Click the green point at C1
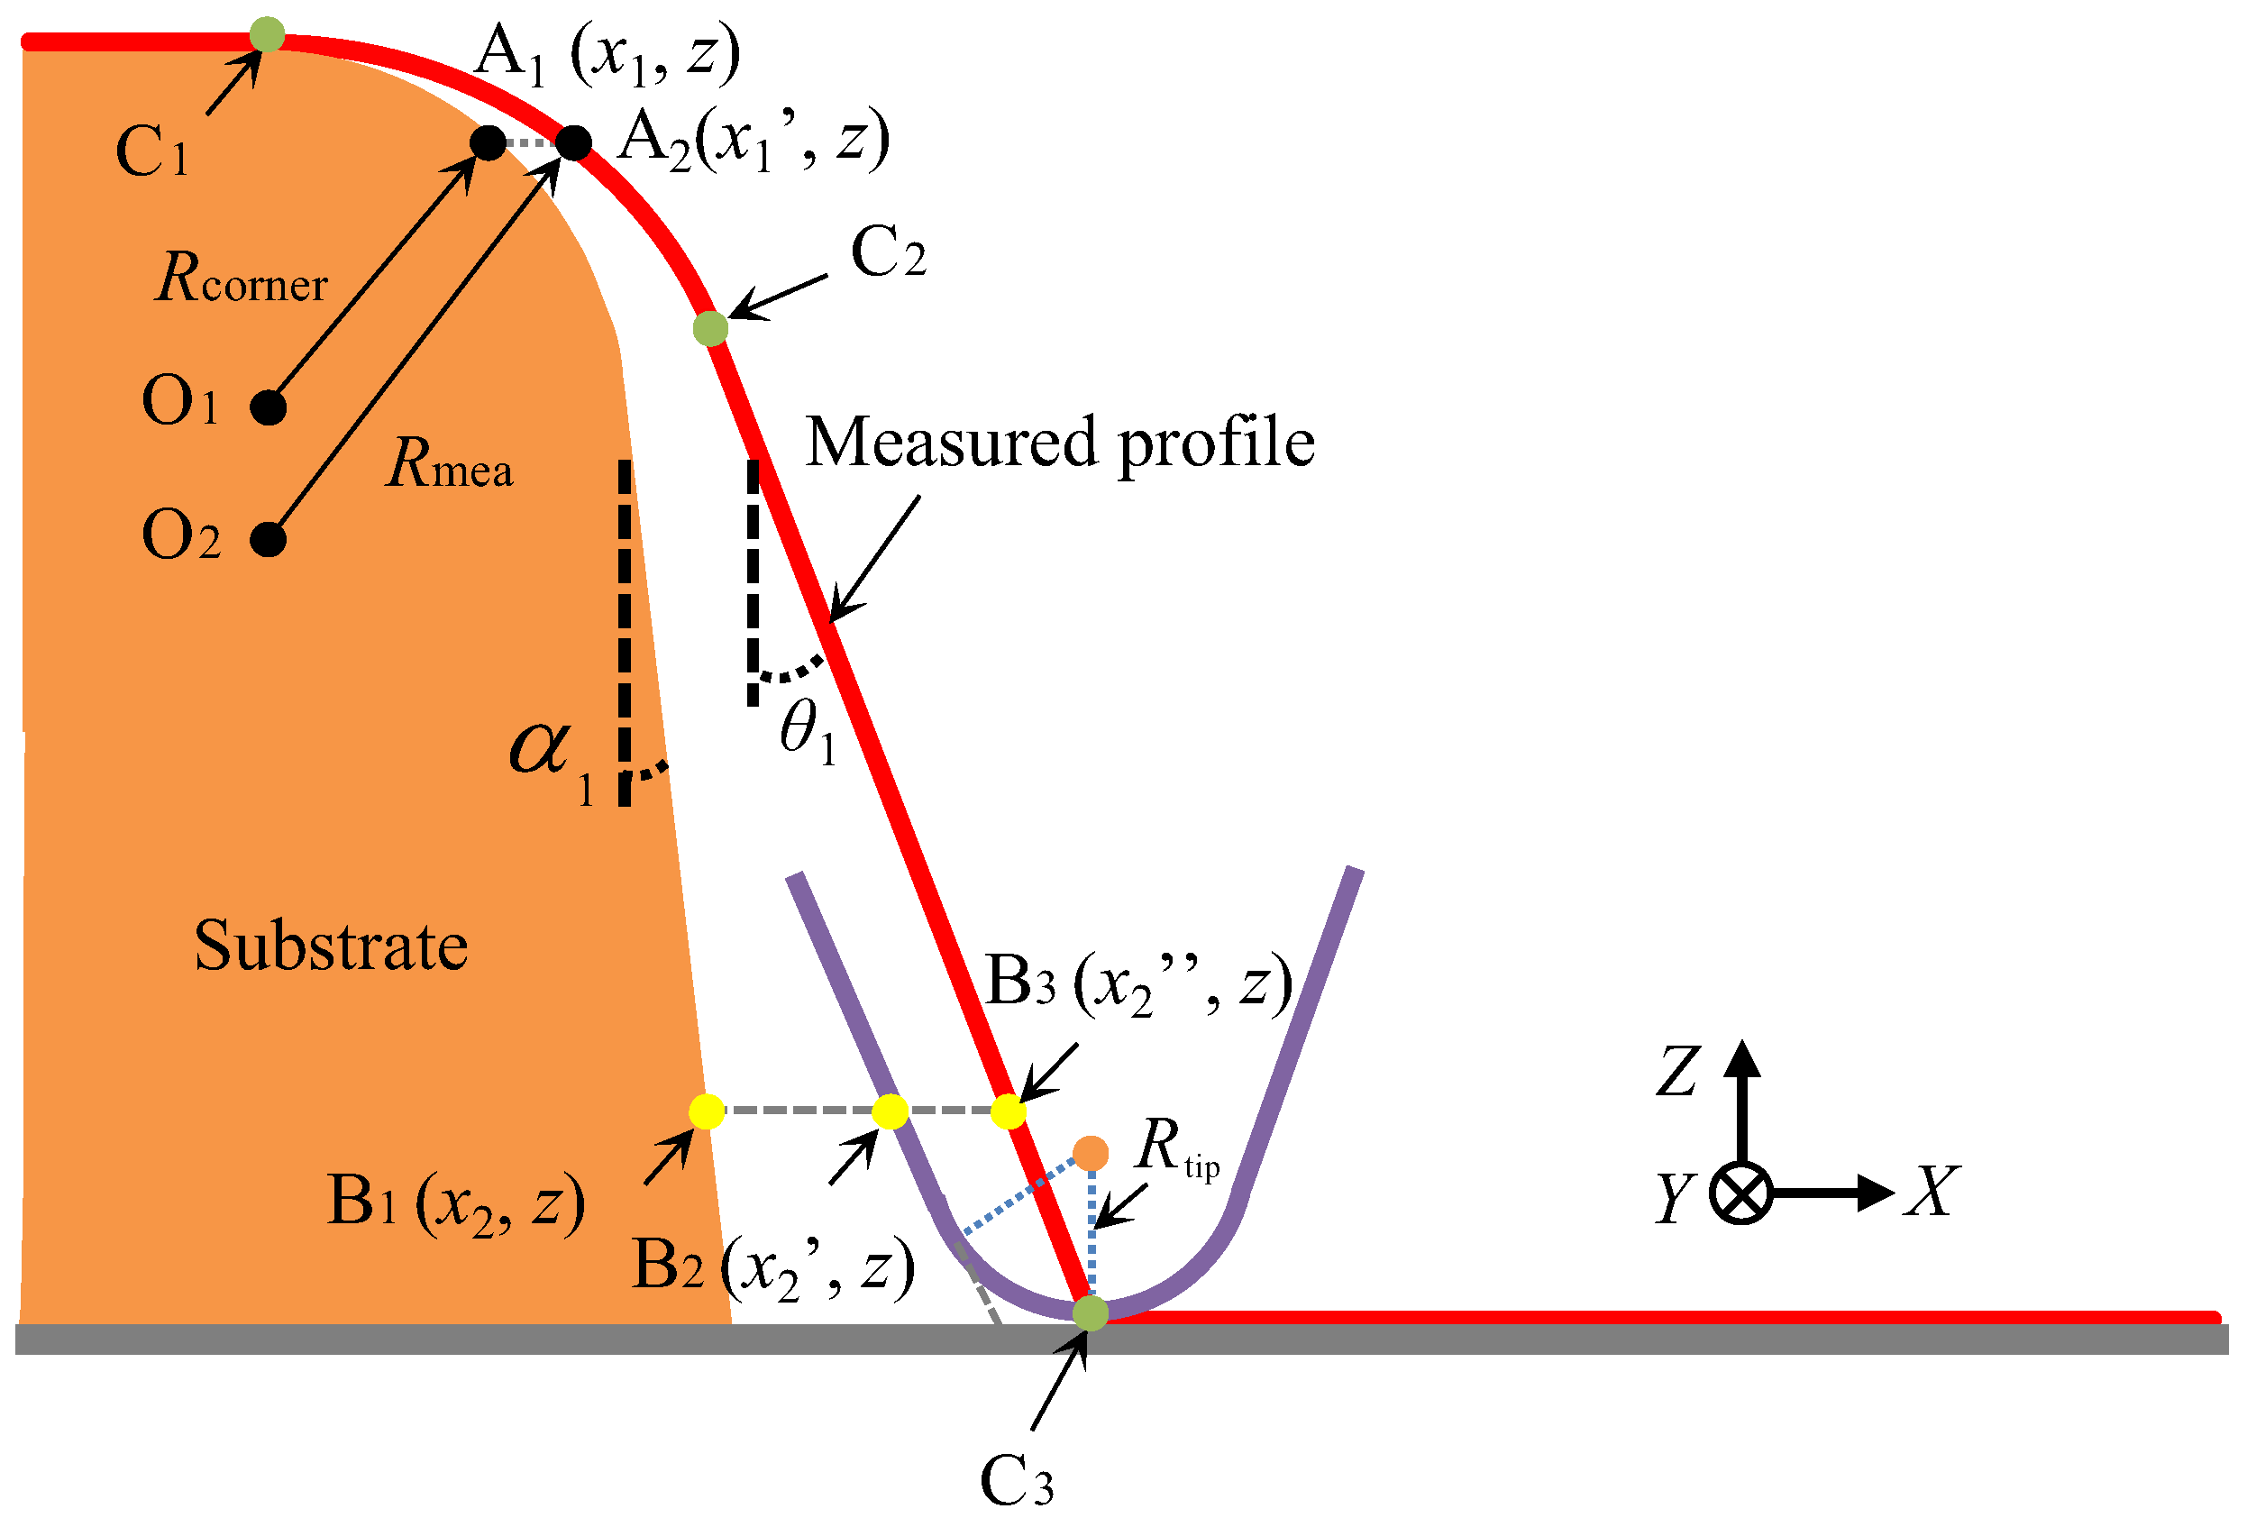click(x=267, y=34)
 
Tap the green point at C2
click(x=710, y=328)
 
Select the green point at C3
click(x=1091, y=1312)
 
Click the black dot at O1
click(x=268, y=407)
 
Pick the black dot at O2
click(x=268, y=539)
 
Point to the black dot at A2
click(x=573, y=143)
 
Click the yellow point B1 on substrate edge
click(x=707, y=1111)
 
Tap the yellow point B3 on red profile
click(x=1009, y=1111)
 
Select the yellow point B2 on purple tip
click(x=890, y=1111)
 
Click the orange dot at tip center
click(x=1091, y=1153)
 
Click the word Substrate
click(x=331, y=945)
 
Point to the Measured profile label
click(x=1060, y=443)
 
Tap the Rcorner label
click(x=242, y=279)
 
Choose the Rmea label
click(x=450, y=463)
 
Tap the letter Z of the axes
click(x=1677, y=1072)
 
